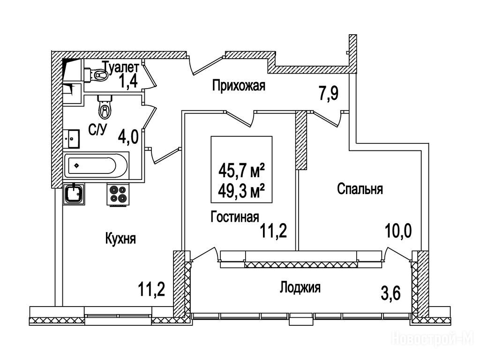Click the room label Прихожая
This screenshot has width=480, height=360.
coord(239,86)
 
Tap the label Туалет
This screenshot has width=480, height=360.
coord(120,67)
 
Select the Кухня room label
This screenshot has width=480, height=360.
coord(120,239)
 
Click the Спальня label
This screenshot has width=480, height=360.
coord(360,189)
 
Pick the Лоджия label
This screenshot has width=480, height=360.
coord(300,287)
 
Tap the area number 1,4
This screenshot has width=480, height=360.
coord(127,82)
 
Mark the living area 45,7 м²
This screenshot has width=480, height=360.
coord(242,170)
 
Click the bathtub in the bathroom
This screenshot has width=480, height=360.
coord(97,165)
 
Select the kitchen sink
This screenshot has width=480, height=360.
coord(74,193)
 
